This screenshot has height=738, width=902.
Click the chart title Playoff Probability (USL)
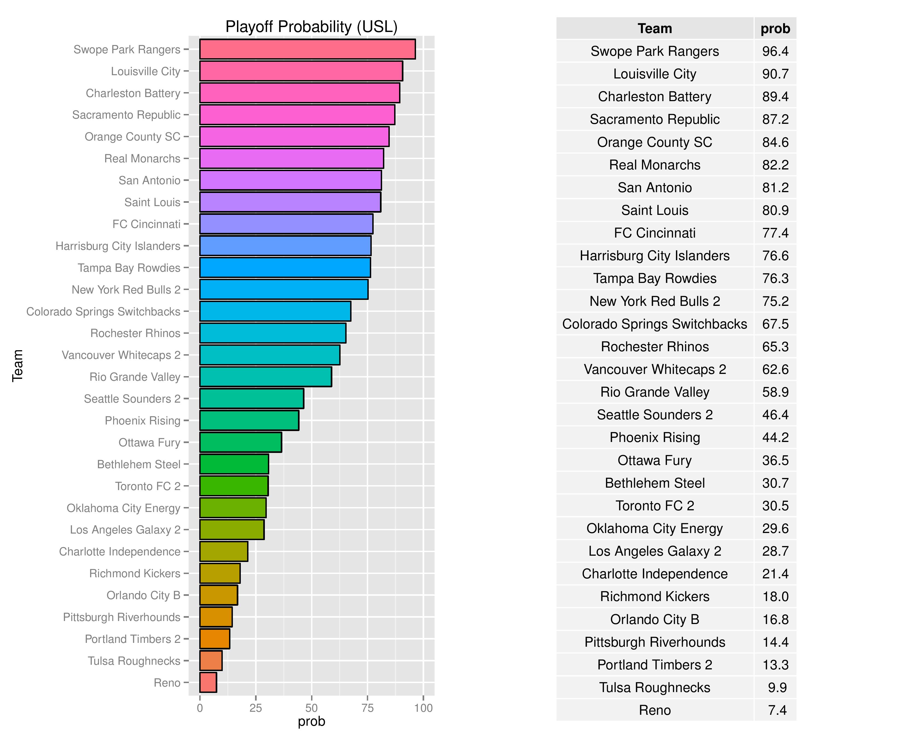coord(311,26)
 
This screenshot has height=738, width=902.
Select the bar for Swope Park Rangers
coord(307,49)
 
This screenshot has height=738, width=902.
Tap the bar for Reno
coord(208,682)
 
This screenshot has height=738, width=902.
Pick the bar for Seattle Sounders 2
coord(252,398)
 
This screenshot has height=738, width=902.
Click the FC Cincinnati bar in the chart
coord(286,224)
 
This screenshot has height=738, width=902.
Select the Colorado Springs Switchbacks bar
coord(275,311)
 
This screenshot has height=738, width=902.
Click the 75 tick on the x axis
coord(367,708)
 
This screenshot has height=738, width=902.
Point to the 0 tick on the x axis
coord(200,708)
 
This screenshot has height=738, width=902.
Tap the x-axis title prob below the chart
coord(311,721)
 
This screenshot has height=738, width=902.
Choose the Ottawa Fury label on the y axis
coord(149,443)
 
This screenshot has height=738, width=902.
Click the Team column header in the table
coord(655,28)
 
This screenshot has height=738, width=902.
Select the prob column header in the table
coord(775,28)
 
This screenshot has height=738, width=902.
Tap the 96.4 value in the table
coord(775,51)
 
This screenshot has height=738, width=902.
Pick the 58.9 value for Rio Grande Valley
coord(775,392)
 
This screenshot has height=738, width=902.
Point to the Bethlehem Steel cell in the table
coord(655,483)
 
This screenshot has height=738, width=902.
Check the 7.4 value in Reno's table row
coord(777,710)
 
